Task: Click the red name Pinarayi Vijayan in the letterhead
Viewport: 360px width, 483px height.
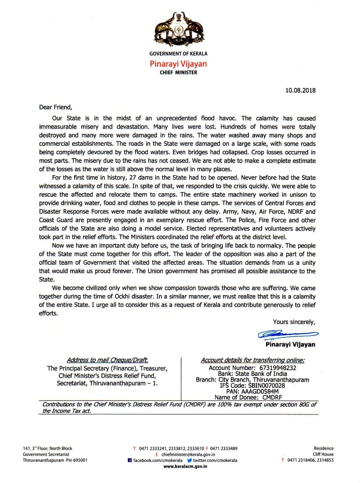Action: point(178,64)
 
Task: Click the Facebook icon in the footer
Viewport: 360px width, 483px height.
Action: point(130,460)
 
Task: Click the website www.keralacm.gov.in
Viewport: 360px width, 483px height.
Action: point(185,466)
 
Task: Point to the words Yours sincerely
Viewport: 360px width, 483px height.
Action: point(294,322)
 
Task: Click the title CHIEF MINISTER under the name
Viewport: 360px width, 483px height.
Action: point(178,72)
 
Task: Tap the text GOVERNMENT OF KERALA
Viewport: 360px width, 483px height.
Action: point(178,54)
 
